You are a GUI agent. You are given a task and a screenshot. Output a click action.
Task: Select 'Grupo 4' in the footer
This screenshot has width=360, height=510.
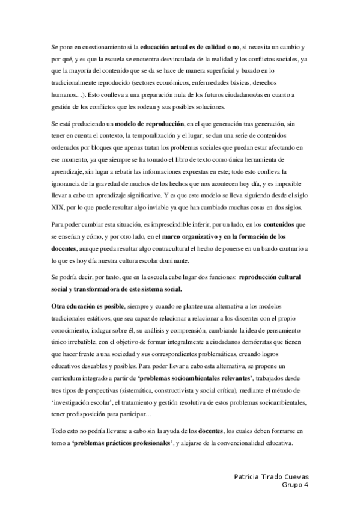(x=294, y=484)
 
